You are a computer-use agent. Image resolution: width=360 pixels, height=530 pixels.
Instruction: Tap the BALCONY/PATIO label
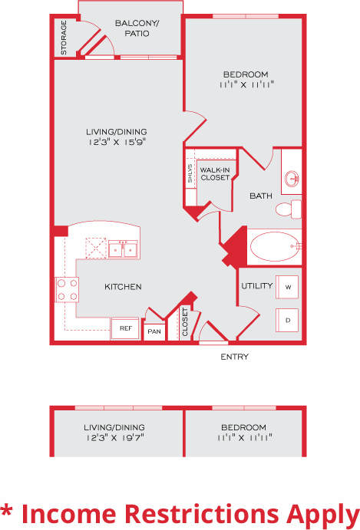[136, 28]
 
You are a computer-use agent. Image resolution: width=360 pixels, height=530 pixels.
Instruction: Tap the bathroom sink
[292, 179]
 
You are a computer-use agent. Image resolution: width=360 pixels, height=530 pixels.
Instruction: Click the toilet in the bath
[289, 208]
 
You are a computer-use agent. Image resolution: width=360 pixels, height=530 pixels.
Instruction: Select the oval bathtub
[272, 247]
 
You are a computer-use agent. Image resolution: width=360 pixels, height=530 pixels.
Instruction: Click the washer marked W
[287, 287]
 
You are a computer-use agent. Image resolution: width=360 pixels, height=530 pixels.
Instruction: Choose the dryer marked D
[287, 318]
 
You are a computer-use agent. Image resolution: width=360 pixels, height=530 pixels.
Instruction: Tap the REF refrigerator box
[125, 329]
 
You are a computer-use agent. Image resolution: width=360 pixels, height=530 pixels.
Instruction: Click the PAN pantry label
[154, 331]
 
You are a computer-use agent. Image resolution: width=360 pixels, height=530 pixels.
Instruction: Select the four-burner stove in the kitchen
[68, 288]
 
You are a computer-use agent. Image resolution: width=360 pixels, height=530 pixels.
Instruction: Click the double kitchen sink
[122, 249]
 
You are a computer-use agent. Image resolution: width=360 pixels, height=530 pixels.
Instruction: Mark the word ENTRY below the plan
[234, 357]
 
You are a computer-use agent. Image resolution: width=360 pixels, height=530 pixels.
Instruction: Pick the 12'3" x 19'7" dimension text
[115, 437]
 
